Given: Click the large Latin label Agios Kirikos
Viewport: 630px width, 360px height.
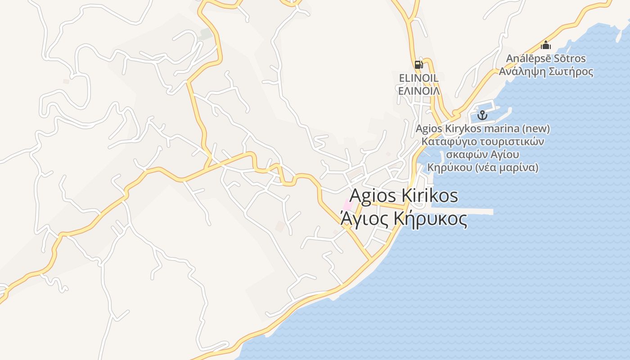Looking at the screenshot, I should (404, 196).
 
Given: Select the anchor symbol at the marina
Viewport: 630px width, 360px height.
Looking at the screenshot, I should (482, 115).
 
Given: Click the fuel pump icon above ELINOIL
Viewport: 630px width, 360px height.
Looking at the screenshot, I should (418, 65).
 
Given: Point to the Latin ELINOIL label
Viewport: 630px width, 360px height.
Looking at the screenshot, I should (419, 78).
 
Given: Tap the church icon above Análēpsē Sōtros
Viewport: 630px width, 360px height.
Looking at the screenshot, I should (546, 45).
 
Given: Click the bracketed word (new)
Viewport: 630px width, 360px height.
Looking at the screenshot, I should (536, 129).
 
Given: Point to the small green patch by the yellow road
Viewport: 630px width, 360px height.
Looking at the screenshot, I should (206, 34).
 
